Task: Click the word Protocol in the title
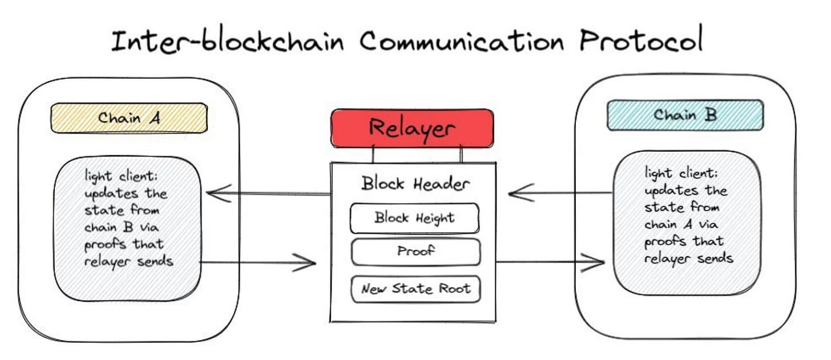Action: tap(641, 42)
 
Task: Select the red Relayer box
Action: tap(412, 128)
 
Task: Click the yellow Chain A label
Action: tap(129, 118)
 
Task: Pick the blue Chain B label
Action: tap(684, 115)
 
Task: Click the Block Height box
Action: tap(414, 218)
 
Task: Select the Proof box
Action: tap(415, 252)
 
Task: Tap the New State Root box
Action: tap(415, 289)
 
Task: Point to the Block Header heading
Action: tap(415, 184)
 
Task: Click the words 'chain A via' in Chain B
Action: tap(684, 224)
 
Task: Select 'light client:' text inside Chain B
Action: tap(678, 172)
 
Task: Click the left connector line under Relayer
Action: tap(373, 154)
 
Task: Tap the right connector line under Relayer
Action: tap(461, 154)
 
